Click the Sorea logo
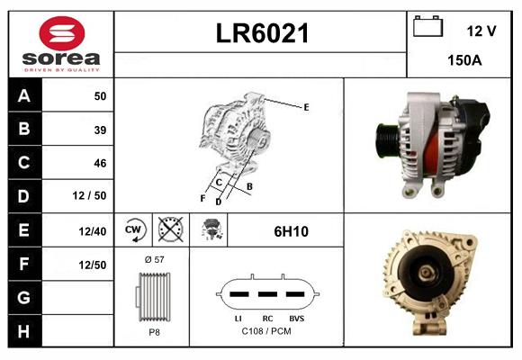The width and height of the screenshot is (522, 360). tap(60, 44)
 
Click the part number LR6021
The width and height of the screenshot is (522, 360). tap(262, 33)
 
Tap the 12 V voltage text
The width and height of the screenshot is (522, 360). tap(481, 31)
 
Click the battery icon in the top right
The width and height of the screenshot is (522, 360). tap(427, 27)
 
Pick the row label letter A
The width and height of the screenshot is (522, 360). tap(23, 96)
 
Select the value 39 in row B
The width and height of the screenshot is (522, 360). tap(100, 130)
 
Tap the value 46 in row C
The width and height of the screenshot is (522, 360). tap(100, 163)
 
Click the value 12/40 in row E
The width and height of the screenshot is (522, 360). tap(93, 230)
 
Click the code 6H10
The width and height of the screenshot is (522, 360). tap(291, 230)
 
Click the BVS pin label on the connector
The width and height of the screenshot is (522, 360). tap(295, 319)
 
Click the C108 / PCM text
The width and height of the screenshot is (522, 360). tap(265, 331)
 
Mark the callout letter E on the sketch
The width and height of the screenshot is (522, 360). tap(306, 107)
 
